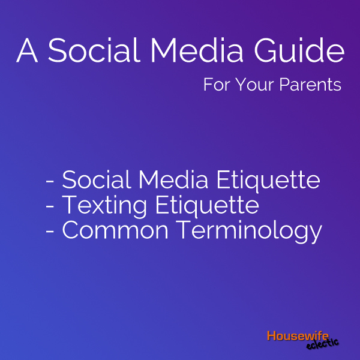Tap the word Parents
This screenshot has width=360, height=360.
(x=310, y=85)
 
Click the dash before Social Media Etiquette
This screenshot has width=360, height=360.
(x=50, y=182)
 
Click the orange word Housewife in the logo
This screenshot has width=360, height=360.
(x=298, y=335)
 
